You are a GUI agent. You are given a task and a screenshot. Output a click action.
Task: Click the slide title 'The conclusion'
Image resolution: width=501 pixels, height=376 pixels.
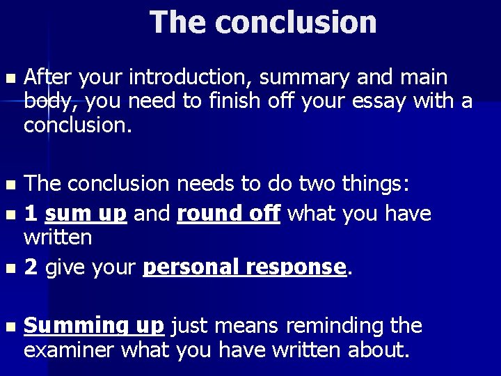[263, 22]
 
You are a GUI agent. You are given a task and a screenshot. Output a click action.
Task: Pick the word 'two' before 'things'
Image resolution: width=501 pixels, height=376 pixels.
[314, 184]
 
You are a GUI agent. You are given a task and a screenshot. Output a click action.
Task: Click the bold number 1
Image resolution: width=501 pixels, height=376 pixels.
[31, 214]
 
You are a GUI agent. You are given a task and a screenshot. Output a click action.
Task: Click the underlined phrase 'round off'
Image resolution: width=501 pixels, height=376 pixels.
[229, 214]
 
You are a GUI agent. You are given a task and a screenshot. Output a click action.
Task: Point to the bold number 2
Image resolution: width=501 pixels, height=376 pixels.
[31, 267]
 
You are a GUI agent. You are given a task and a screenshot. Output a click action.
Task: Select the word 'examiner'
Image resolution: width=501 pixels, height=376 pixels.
[70, 350]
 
